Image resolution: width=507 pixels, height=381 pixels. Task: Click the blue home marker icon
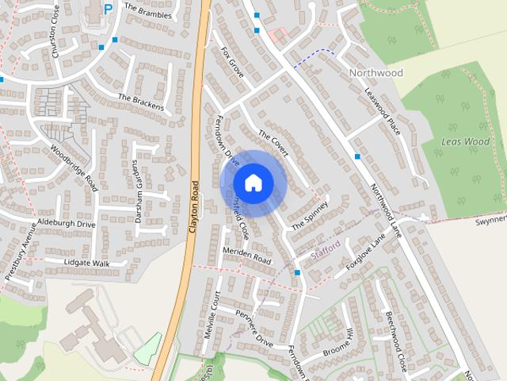253,183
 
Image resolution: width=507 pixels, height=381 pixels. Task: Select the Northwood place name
375,73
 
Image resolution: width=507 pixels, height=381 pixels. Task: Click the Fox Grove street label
233,61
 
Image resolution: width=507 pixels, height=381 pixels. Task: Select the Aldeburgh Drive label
67,225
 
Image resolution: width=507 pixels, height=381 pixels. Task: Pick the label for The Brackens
141,102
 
